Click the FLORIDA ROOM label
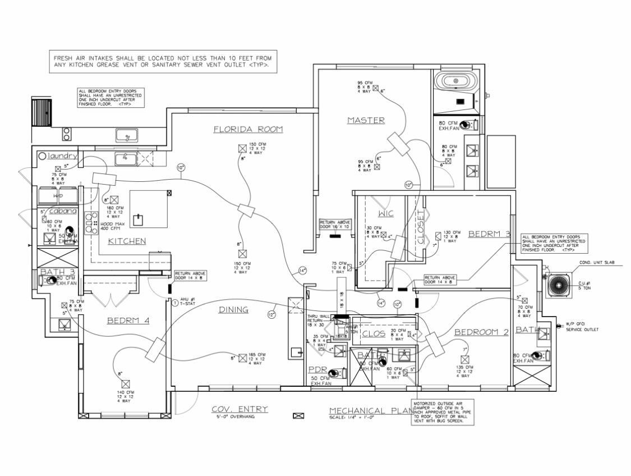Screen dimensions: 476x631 [248, 130]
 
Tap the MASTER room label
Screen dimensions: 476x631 [366, 120]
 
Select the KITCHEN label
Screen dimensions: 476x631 [127, 241]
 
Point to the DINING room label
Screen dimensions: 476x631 [233, 309]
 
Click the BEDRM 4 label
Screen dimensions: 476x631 [128, 321]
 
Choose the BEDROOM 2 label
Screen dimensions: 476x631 [481, 332]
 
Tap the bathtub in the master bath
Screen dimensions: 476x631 [455, 81]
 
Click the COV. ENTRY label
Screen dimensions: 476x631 [239, 409]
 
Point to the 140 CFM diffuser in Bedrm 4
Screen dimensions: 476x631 [126, 383]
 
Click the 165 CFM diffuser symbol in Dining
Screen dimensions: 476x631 [242, 358]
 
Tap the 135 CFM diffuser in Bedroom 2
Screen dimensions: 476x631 [465, 359]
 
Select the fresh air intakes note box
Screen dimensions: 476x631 [163, 61]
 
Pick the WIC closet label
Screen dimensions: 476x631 [386, 213]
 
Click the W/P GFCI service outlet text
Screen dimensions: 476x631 [581, 327]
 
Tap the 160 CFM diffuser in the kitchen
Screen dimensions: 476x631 [114, 199]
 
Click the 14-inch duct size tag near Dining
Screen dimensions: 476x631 [303, 271]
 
